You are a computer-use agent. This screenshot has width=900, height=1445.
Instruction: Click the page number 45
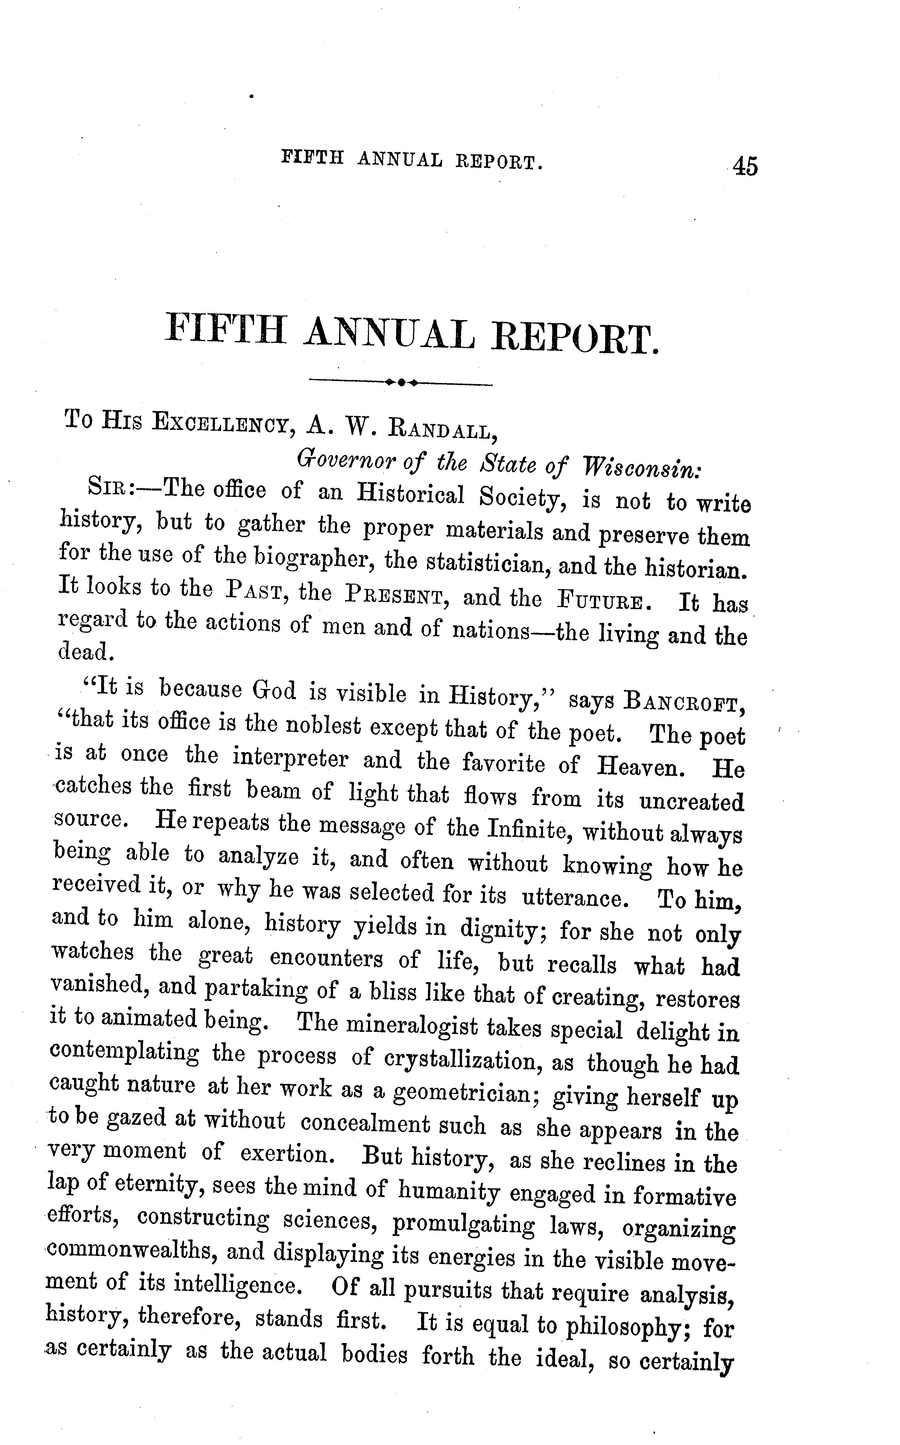click(745, 165)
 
